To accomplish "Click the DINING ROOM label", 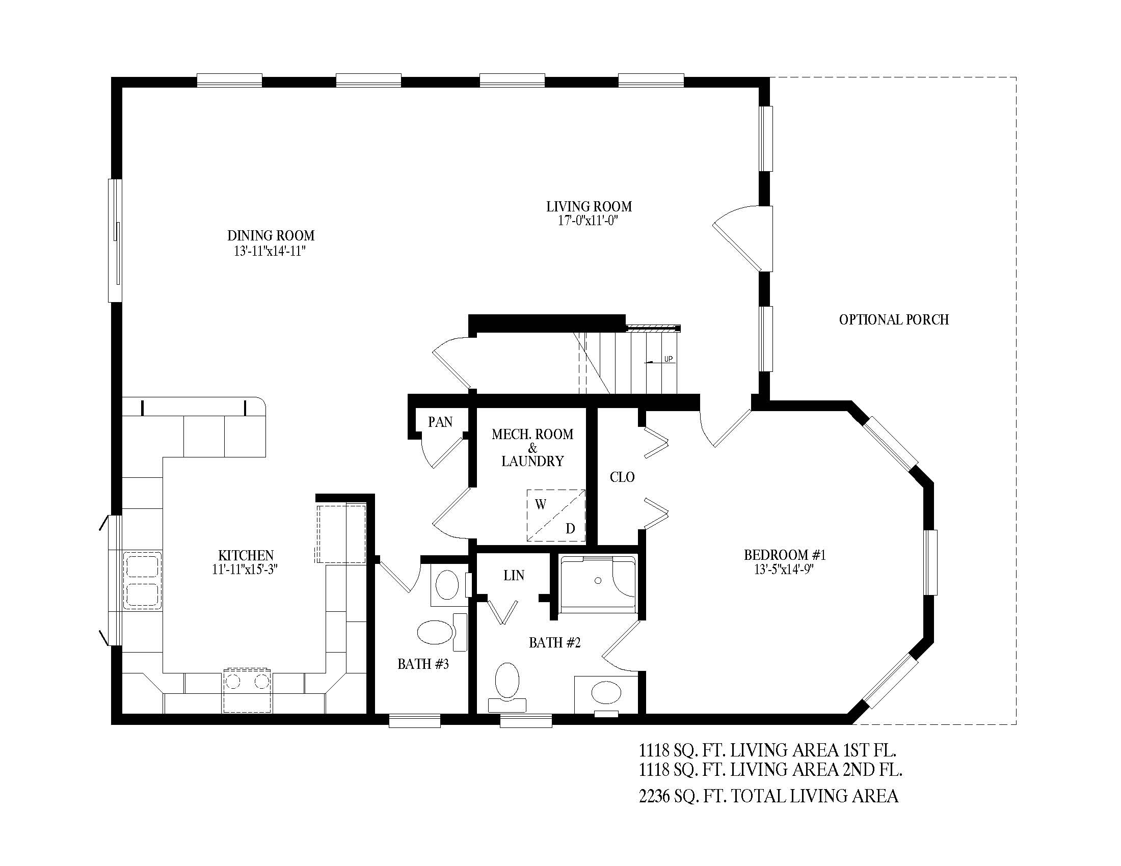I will [x=271, y=235].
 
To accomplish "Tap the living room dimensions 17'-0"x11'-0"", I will [x=587, y=221].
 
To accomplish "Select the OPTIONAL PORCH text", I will [x=894, y=319].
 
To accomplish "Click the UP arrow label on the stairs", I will [x=668, y=359].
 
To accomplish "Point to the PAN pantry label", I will [x=440, y=422].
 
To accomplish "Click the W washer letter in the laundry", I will [x=541, y=505].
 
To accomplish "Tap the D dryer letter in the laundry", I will [x=570, y=528].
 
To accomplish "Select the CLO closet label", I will [x=622, y=477].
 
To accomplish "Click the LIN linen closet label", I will [x=514, y=576].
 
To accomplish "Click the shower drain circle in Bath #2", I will [x=598, y=581].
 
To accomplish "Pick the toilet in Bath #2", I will [x=507, y=685].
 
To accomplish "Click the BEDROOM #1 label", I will [x=784, y=555].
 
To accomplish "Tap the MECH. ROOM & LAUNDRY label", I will [x=532, y=447].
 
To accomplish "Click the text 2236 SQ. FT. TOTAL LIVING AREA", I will [x=768, y=796].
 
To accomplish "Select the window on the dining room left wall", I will [x=115, y=240].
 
